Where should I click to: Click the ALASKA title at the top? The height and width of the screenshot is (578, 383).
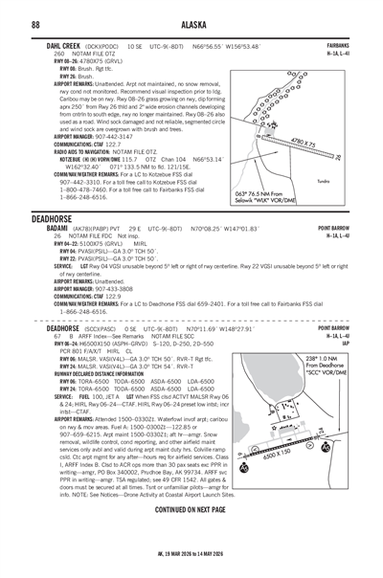191,24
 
